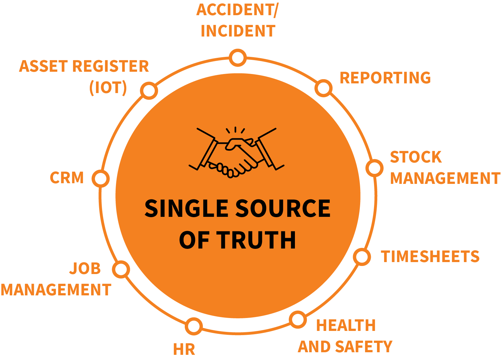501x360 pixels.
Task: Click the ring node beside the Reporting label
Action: point(323,88)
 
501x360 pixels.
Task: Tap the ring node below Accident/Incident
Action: point(238,58)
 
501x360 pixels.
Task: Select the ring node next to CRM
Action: point(100,179)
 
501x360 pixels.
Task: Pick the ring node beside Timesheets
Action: point(362,257)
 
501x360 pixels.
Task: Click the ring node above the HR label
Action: point(193,326)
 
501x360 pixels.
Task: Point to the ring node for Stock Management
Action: point(374,168)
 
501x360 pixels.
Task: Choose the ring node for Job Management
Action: point(121,269)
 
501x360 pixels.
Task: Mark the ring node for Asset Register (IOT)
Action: point(149,90)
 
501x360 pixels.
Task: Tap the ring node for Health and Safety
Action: point(297,320)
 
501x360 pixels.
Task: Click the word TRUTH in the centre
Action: point(256,240)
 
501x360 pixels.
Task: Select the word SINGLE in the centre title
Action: point(186,208)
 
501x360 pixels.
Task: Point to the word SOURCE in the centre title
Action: point(283,208)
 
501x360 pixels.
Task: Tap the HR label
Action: point(184,349)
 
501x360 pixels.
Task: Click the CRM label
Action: point(67,178)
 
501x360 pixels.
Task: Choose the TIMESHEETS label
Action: point(430,257)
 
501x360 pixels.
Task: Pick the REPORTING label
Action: point(385,78)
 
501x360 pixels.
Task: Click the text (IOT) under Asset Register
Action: point(108,88)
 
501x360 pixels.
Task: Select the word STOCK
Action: point(416,157)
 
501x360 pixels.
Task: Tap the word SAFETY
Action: point(364,347)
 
